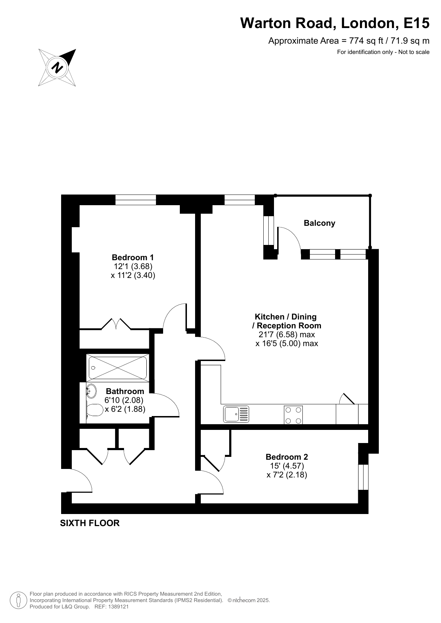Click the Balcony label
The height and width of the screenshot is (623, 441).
(x=319, y=223)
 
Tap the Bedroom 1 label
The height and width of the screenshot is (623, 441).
(x=133, y=257)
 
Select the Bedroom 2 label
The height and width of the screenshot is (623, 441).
(x=287, y=457)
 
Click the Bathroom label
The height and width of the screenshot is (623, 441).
(x=125, y=391)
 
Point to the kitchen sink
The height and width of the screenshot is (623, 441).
(x=236, y=414)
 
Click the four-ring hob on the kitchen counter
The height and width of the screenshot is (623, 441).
(x=294, y=415)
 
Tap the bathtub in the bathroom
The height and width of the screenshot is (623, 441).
(x=118, y=368)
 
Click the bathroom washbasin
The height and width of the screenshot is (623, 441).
(x=91, y=391)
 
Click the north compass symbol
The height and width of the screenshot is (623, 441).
(x=57, y=67)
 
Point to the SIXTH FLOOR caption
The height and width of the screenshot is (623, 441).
(x=90, y=523)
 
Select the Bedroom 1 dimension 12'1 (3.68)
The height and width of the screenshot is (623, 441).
(x=133, y=266)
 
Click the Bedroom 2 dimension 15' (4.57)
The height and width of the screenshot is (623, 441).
(x=287, y=466)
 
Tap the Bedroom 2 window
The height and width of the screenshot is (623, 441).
(x=363, y=477)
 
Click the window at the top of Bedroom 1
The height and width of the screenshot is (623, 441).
(x=136, y=200)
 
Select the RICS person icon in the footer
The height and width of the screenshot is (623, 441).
(x=18, y=600)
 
